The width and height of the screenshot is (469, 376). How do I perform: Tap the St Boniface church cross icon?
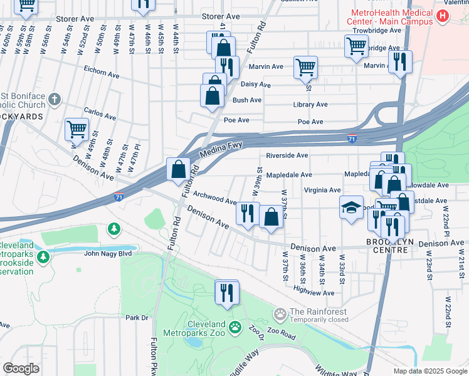point(55,99)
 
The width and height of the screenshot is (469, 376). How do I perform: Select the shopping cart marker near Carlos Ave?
point(77,129)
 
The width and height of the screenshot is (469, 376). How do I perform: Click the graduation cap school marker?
point(351,206)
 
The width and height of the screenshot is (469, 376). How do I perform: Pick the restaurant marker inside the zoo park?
point(227,292)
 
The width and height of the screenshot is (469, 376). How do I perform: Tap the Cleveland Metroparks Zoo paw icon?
point(235,326)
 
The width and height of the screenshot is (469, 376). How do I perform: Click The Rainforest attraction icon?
point(280,312)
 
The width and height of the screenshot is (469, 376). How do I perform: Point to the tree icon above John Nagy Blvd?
point(113,229)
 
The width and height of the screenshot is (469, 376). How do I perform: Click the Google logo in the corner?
point(21,368)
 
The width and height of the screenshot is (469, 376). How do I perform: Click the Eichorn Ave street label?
point(101,75)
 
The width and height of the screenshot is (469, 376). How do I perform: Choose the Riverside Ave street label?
point(287,155)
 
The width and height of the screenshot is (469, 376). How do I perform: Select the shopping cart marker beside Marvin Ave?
point(305,66)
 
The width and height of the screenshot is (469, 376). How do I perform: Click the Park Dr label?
point(136,318)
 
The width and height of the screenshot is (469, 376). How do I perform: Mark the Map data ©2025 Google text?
point(429,371)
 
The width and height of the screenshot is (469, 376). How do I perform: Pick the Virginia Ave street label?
point(322,190)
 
